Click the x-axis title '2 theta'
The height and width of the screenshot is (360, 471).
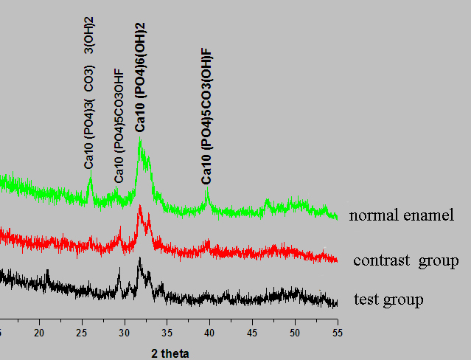[x=170, y=353]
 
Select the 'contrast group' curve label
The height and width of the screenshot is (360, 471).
[x=405, y=261]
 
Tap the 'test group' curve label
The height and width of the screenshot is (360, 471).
[x=388, y=300]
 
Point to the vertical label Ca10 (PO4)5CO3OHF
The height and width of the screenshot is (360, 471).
[x=119, y=126]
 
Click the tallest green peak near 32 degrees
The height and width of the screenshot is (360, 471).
[x=139, y=140]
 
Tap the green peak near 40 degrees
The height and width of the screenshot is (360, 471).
[x=206, y=191]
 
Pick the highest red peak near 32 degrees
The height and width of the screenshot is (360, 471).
[x=139, y=207]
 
